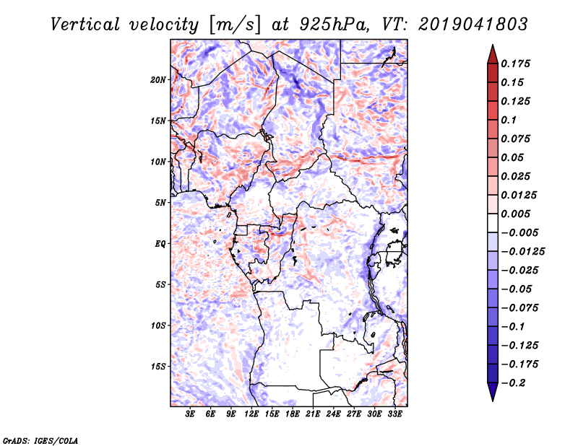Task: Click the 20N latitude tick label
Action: click(158, 79)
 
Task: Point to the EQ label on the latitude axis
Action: click(160, 244)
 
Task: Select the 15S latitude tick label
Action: click(158, 367)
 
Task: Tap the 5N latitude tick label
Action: click(160, 203)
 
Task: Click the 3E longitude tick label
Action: click(191, 415)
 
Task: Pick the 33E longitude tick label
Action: click(394, 415)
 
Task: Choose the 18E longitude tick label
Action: click(293, 415)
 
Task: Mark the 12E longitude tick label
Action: click(252, 415)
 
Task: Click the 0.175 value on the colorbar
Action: click(517, 64)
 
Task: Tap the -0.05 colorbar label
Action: click(517, 289)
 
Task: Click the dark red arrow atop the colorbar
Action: click(492, 53)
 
